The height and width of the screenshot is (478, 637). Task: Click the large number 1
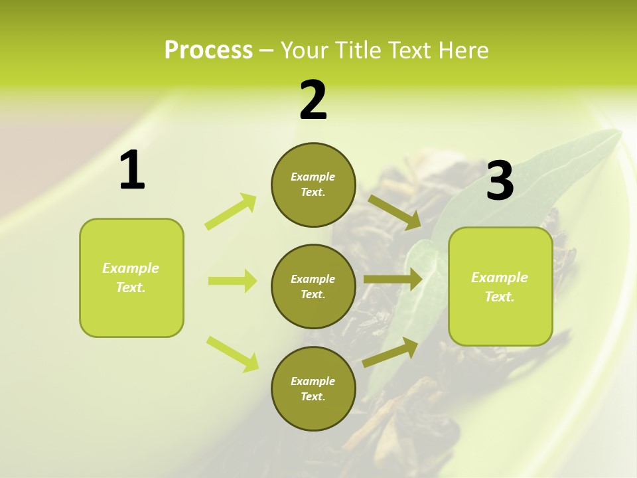point(132,171)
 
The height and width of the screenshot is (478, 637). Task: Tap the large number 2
point(313,100)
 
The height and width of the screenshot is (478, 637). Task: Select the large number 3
point(500,181)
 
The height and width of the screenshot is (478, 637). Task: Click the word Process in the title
point(208,50)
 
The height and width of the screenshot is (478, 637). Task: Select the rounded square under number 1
point(131,278)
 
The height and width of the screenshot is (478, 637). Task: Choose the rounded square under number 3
point(500,286)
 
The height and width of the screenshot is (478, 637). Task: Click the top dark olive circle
point(313,185)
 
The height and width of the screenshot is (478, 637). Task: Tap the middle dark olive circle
point(313,286)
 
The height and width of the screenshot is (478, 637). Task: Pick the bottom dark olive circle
point(313,388)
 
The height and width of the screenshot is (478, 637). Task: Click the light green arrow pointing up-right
point(231,211)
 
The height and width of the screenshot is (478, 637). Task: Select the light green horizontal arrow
point(232,281)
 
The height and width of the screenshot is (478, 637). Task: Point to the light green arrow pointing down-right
point(233,354)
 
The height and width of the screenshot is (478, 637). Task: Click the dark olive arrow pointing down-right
point(395,212)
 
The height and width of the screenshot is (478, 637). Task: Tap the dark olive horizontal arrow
point(393,279)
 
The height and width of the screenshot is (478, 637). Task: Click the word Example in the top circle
point(313,177)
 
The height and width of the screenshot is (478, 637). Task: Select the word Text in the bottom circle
point(312,396)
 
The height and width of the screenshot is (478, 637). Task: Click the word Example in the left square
point(131,268)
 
